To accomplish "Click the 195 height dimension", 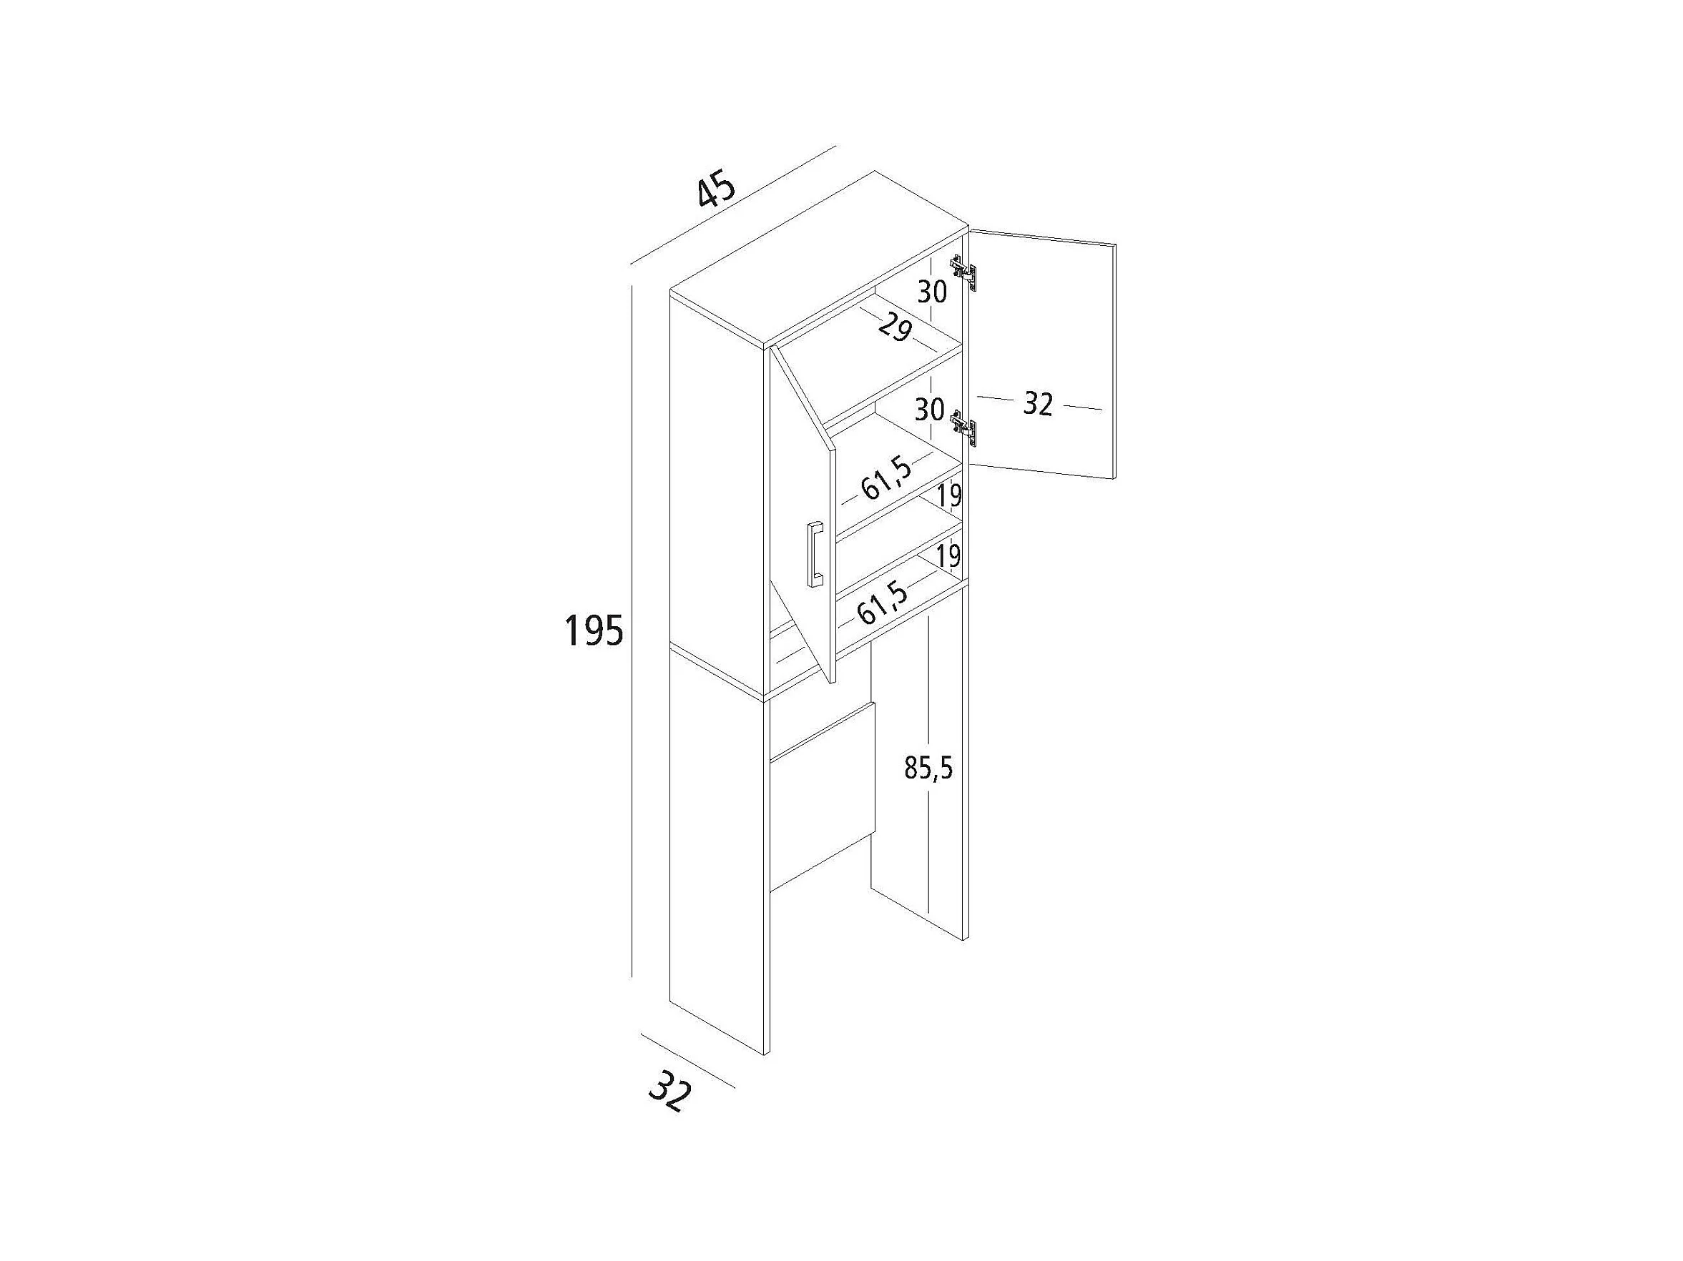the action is [594, 630].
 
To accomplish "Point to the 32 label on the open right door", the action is [1037, 404].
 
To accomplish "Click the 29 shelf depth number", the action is [895, 328].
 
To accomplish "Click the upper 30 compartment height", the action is [931, 291].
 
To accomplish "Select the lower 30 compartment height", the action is [929, 410].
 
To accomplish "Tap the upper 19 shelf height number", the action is [948, 497].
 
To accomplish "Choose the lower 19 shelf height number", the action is [948, 556].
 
